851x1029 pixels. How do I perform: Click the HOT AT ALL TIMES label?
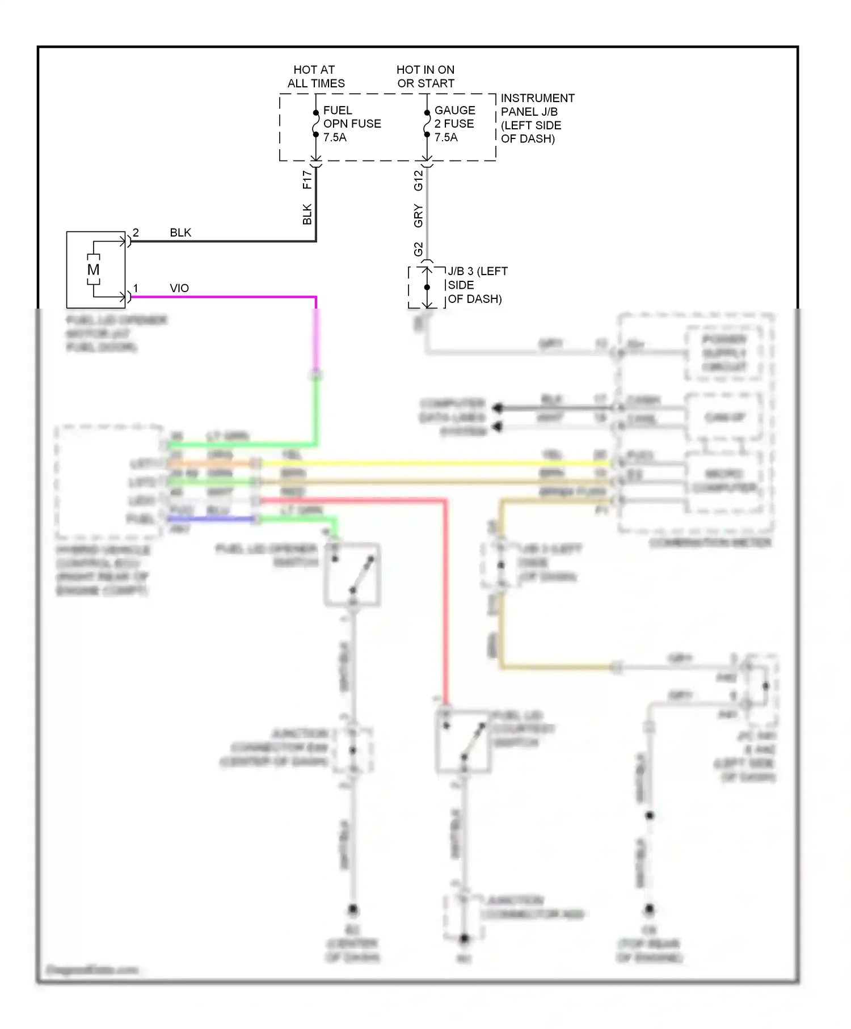point(315,77)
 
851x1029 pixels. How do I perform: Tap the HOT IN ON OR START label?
point(425,77)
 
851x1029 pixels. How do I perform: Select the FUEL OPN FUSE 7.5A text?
point(351,124)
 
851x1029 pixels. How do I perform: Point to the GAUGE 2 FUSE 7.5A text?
point(454,124)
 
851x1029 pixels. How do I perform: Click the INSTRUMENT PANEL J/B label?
point(537,118)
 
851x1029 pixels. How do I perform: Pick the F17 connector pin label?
point(307,180)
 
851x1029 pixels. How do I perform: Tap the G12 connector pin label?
point(418,180)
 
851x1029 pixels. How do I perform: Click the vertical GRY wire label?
point(418,216)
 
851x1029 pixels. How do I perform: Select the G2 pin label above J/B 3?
point(418,249)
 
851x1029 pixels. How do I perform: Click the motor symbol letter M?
point(94,269)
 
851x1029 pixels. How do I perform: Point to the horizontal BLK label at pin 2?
point(180,233)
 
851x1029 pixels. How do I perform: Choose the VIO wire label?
point(179,288)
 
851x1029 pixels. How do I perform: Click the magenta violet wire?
point(227,297)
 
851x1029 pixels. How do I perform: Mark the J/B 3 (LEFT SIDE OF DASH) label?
point(477,285)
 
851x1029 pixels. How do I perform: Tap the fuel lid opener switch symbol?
point(352,575)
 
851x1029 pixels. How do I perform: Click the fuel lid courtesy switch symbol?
point(464,741)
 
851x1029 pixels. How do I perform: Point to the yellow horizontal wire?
point(431,463)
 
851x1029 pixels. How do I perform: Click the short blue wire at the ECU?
point(210,519)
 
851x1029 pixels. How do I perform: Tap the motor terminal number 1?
point(136,288)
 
